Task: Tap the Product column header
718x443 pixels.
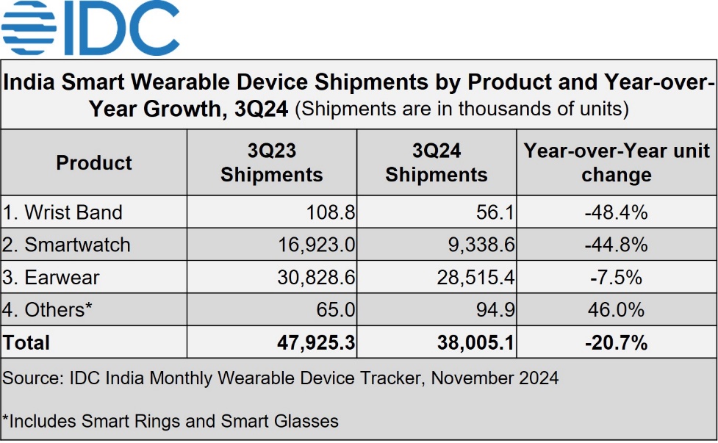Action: point(94,162)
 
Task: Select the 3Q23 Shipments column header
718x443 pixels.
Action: point(272,162)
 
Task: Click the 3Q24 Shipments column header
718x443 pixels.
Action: point(437,162)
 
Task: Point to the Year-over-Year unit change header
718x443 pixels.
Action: point(617,162)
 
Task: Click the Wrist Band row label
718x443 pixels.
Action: point(62,213)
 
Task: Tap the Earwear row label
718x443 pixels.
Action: point(51,277)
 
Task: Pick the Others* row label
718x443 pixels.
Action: point(48,309)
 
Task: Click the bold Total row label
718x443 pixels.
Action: point(26,342)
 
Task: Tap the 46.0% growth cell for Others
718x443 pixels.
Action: point(617,309)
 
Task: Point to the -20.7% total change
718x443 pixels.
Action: point(616,342)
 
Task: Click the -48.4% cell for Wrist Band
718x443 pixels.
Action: point(616,213)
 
